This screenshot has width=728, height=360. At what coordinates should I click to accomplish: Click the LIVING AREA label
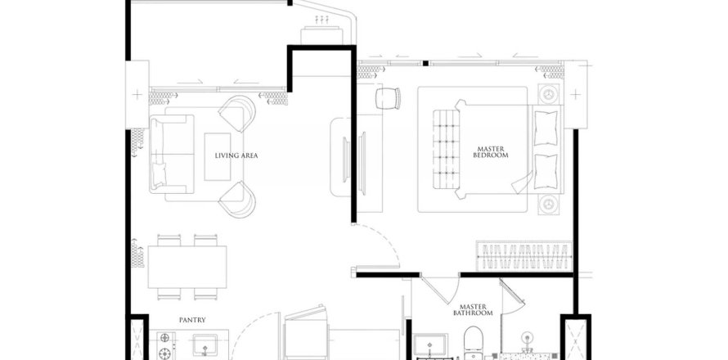[236, 155]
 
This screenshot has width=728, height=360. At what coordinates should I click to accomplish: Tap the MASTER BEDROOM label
[490, 152]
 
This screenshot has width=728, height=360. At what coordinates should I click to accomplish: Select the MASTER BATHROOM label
[473, 310]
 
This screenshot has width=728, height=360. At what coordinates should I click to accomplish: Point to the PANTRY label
[192, 320]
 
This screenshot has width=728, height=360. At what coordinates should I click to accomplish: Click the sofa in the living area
[171, 154]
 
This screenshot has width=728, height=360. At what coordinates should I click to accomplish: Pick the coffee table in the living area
[218, 156]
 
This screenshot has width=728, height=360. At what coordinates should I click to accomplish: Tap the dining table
[187, 267]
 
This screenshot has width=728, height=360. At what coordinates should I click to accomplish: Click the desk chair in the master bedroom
[388, 98]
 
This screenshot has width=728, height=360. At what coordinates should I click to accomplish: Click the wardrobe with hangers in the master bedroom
[524, 256]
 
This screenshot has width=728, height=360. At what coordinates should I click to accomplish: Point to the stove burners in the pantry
[164, 345]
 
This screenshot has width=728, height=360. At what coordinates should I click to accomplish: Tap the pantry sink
[204, 345]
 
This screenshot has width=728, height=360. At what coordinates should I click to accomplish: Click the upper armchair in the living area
[237, 114]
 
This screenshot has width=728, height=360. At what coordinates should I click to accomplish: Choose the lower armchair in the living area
[237, 199]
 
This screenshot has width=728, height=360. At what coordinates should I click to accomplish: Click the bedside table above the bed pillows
[549, 94]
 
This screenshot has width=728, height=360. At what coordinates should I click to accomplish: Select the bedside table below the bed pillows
[549, 205]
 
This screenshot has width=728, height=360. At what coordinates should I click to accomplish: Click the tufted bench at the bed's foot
[446, 149]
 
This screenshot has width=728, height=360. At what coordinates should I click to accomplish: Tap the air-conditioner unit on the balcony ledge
[321, 36]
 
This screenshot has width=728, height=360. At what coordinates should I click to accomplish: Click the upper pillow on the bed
[546, 128]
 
